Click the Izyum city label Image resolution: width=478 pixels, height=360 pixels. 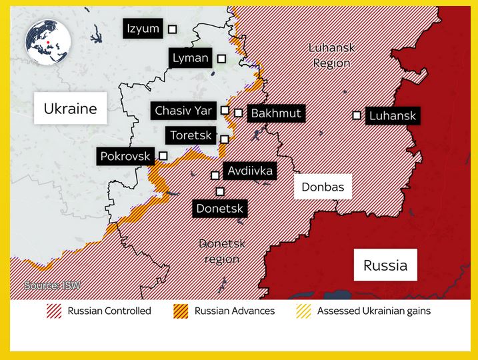pyautogui.click(x=143, y=29)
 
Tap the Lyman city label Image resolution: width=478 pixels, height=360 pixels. pyautogui.click(x=190, y=58)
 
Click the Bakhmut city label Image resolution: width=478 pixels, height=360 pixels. pyautogui.click(x=276, y=113)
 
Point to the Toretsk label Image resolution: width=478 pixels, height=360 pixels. pyautogui.click(x=191, y=136)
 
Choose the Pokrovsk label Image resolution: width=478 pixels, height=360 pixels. pyautogui.click(x=125, y=157)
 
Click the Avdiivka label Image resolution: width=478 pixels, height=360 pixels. pyautogui.click(x=250, y=171)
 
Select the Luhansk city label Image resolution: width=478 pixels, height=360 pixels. pyautogui.click(x=392, y=116)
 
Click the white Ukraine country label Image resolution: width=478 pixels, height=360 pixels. pyautogui.click(x=70, y=109)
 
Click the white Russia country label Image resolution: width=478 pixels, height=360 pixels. pyautogui.click(x=385, y=265)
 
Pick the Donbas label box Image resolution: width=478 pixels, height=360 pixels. pyautogui.click(x=323, y=187)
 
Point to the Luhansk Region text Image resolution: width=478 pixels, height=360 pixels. pyautogui.click(x=331, y=55)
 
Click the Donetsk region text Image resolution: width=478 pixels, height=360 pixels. pyautogui.click(x=222, y=251)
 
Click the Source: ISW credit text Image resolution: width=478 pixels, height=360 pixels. pyautogui.click(x=53, y=285)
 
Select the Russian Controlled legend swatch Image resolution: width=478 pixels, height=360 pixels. pyautogui.click(x=54, y=311)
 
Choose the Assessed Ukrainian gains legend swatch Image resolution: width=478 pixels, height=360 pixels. pyautogui.click(x=303, y=311)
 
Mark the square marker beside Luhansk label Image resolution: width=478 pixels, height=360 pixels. pyautogui.click(x=357, y=115)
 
